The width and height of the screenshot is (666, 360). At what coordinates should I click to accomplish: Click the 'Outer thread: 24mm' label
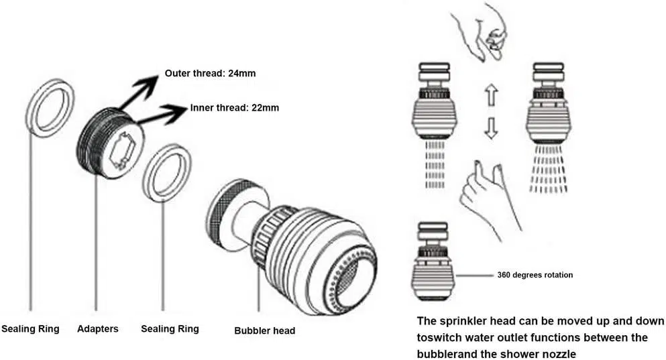(x=210, y=73)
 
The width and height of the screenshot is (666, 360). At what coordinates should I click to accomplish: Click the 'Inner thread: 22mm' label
(x=235, y=108)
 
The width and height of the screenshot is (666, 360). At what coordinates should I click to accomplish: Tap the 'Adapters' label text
(x=98, y=328)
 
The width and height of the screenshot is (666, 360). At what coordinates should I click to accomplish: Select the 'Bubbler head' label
(x=265, y=331)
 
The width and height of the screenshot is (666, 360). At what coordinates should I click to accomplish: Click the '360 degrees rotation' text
(x=535, y=275)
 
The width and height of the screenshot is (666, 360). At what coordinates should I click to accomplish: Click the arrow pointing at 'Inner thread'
(x=162, y=115)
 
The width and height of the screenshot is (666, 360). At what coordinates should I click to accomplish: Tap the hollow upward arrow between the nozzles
(x=491, y=95)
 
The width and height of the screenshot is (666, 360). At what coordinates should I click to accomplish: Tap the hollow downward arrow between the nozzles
(x=491, y=128)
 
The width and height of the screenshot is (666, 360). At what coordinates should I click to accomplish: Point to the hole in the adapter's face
(x=121, y=150)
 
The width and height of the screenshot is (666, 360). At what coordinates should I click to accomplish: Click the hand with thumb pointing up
(x=488, y=200)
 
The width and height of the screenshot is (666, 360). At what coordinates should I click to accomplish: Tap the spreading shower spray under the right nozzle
(x=549, y=168)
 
